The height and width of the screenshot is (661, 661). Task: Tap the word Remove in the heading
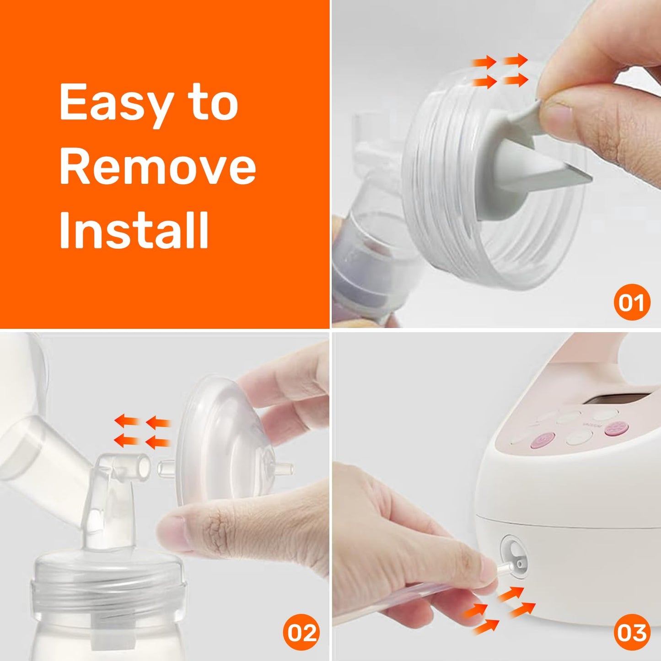point(158,168)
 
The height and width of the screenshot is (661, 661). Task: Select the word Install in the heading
point(134,230)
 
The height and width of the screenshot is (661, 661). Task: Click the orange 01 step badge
point(632,302)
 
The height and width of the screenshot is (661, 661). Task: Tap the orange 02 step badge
point(301,632)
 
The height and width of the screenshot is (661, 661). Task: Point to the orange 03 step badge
point(632,632)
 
